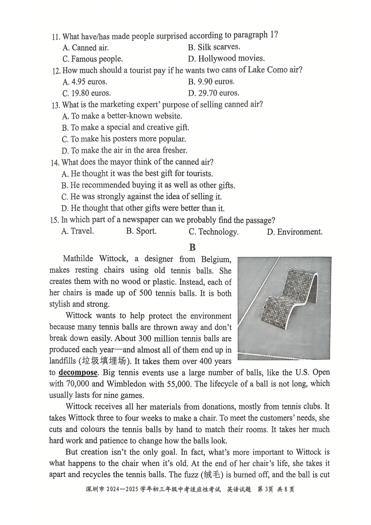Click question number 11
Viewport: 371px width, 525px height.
pos(56,37)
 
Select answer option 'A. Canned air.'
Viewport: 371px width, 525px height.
pos(85,48)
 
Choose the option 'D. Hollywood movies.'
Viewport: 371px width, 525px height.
pos(226,59)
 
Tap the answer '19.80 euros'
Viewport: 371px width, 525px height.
pos(86,94)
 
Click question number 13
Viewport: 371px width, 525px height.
pos(56,105)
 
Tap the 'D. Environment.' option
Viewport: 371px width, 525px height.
pos(294,232)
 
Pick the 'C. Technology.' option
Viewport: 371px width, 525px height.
pos(213,232)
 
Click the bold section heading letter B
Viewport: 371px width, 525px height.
pos(192,247)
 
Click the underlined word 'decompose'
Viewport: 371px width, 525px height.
pos(78,373)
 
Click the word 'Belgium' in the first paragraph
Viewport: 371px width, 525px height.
pos(216,259)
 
